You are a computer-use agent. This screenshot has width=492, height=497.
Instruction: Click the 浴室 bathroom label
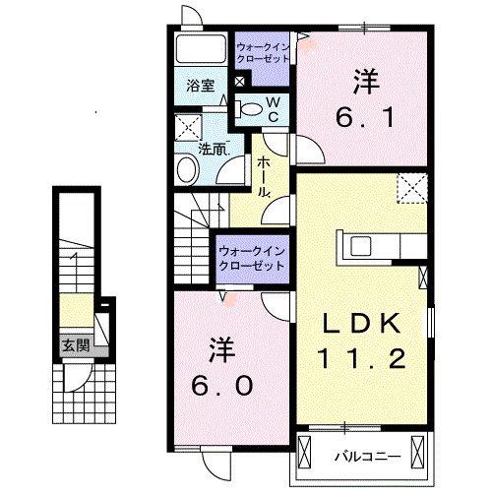pos(201,86)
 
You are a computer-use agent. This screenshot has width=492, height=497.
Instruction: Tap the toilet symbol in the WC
pos(249,109)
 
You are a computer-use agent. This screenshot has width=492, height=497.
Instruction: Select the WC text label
pos(274,110)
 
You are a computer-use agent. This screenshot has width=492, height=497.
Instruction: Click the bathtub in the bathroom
pos(201,48)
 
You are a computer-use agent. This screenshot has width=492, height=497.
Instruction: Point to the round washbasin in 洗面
pos(188,171)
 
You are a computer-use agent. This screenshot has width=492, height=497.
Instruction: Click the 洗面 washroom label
pos(214,150)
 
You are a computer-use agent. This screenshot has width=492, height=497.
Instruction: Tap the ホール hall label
pos(263,176)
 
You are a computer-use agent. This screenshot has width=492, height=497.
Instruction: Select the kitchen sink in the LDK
pos(360,246)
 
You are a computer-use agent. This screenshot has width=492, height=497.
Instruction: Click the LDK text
pos(362,324)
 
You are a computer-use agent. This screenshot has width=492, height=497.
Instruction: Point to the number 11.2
pos(362,358)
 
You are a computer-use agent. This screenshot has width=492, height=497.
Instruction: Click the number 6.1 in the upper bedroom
pos(365,118)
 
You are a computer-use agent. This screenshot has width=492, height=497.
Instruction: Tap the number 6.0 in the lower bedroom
pos(222,385)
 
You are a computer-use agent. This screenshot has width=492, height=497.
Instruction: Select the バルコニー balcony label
pos(367,457)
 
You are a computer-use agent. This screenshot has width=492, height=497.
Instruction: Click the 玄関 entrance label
pos(76,346)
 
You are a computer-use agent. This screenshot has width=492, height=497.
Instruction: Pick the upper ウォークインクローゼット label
pos(263,53)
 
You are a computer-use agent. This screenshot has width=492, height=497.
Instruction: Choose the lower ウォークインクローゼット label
pos(252,259)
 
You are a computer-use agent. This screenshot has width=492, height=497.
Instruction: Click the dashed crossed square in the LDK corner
pos(412,189)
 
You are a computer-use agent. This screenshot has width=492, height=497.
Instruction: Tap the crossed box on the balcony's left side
pos(304,452)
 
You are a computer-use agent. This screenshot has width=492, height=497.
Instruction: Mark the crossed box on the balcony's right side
pos(417,452)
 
